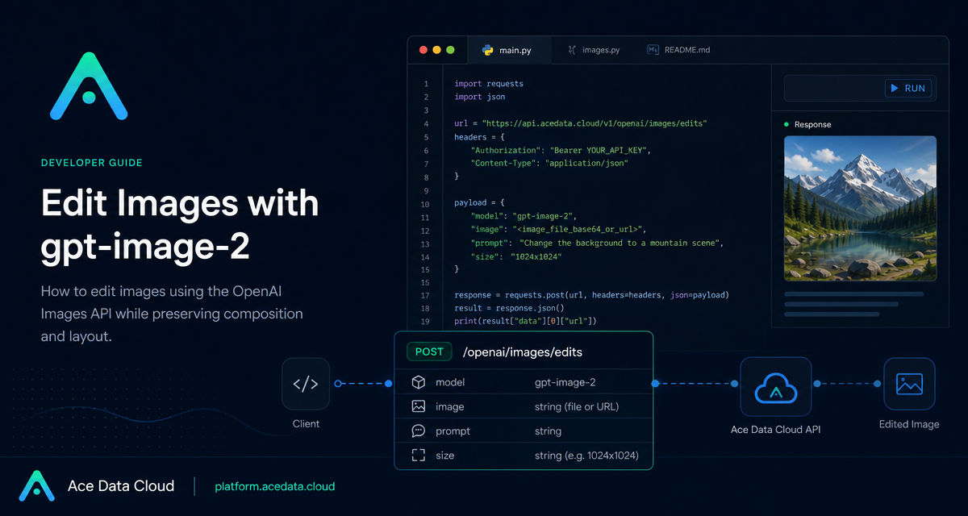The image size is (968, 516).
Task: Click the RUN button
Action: pos(908,88)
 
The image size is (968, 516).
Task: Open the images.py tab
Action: pos(594,50)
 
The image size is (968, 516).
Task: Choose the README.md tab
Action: pos(678,50)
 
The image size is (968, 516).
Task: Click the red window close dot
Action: pos(423,50)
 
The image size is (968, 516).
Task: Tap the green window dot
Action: pos(450,50)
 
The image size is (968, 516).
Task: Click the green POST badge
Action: pos(429,352)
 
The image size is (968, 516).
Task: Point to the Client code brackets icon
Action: pos(306,384)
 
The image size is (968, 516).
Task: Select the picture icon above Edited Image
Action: pos(909,384)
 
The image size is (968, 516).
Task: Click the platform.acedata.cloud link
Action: pos(275,486)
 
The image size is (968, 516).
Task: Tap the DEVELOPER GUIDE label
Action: pos(92,163)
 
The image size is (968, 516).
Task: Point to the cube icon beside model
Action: pos(419,382)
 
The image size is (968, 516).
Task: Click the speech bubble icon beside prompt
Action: pos(419,431)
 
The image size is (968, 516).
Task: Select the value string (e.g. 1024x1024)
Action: pos(586,456)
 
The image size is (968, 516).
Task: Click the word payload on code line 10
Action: pos(470,202)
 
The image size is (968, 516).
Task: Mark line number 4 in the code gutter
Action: pos(426,124)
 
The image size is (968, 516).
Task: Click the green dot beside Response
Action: pos(786,124)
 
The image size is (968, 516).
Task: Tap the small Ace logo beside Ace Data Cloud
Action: pos(37,486)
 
